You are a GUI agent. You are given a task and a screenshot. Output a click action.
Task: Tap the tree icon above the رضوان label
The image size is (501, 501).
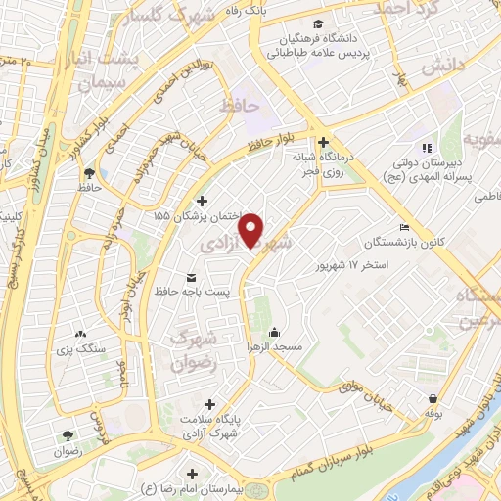pyautogui.click(x=68, y=436)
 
